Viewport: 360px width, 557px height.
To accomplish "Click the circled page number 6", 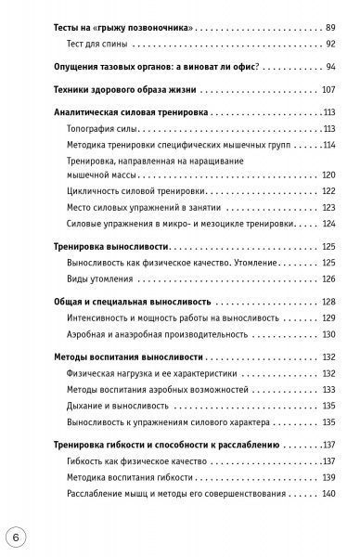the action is tap(17, 538).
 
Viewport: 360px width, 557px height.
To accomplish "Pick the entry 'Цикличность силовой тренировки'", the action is tap(135, 191).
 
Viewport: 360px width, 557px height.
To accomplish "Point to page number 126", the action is tap(327, 278).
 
